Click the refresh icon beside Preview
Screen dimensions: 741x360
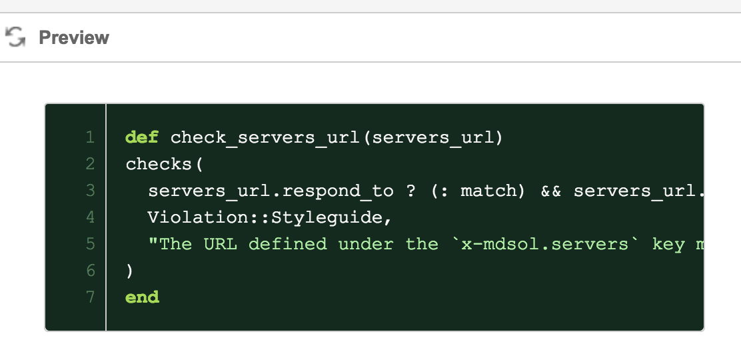pos(15,37)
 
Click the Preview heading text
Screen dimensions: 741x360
pos(74,37)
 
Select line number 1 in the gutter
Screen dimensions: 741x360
pos(90,137)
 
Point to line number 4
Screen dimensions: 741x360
pos(90,217)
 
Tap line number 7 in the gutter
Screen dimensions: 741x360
pos(90,297)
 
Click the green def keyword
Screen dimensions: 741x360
pos(142,137)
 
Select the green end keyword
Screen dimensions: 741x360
pos(142,297)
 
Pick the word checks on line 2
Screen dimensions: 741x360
pos(159,164)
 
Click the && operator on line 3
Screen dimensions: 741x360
pos(550,191)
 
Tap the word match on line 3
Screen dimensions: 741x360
pos(488,191)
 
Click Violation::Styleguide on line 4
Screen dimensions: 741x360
pos(265,217)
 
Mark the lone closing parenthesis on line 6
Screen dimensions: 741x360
pos(129,271)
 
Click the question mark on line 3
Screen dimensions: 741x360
pos(410,191)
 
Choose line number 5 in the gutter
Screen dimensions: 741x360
pos(90,244)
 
